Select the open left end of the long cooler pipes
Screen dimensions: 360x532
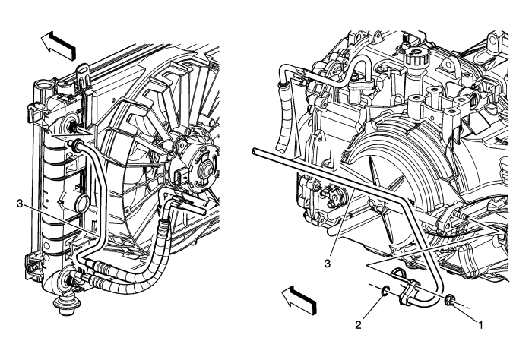[x=253, y=153]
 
